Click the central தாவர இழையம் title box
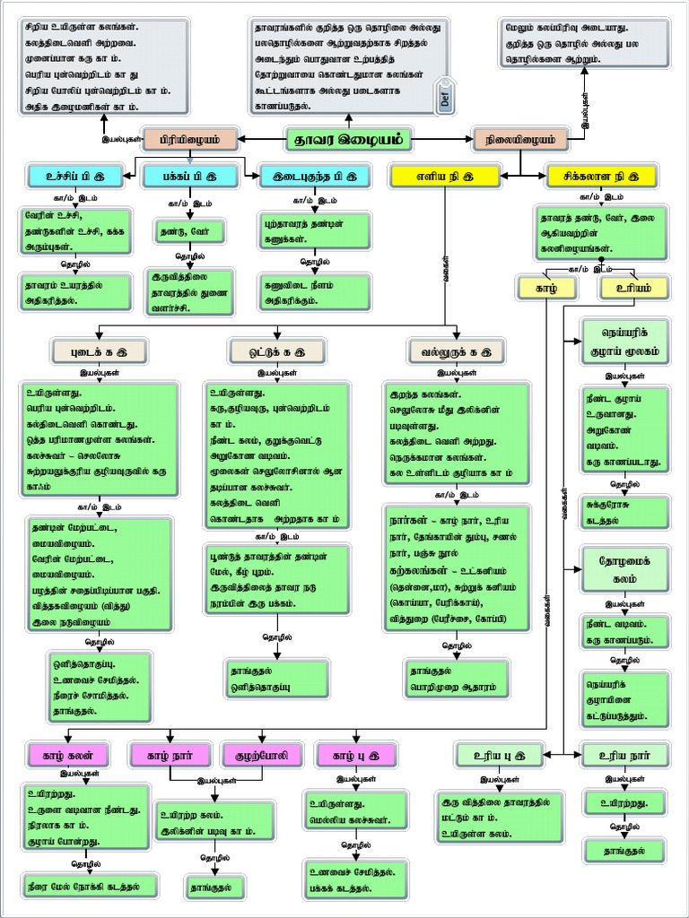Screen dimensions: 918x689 pos(348,139)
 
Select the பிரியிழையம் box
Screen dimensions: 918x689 pos(188,139)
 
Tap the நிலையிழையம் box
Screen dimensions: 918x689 pos(520,139)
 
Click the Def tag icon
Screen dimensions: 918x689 pos(445,99)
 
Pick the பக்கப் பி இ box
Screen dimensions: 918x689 pos(190,175)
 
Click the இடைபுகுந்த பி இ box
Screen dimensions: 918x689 pos(314,175)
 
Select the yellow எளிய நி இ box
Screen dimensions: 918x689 pos(443,175)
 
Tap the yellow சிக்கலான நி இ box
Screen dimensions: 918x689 pos(601,175)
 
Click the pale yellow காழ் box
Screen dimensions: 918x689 pos(547,288)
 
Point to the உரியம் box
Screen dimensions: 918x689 pos(633,288)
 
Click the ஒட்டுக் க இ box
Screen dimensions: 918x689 pos(275,350)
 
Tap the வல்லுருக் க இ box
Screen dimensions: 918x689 pos(456,350)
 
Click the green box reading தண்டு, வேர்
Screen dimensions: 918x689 pos(188,231)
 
